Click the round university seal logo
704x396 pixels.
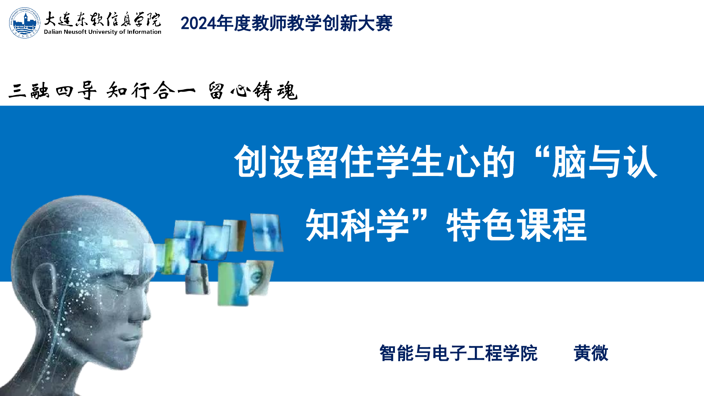(25, 22)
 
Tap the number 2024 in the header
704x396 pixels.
(198, 23)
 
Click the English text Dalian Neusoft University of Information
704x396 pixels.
(103, 32)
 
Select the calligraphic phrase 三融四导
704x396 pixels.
(52, 91)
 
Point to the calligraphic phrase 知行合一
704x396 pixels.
(151, 90)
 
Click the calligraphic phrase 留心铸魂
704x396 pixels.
(253, 91)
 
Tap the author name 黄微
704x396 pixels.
(591, 353)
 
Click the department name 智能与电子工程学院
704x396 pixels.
(458, 353)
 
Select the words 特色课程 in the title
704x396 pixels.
(517, 225)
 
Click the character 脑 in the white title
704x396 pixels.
(569, 162)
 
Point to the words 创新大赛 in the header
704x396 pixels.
(357, 23)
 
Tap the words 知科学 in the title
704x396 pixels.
(357, 225)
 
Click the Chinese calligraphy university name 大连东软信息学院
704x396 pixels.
(102, 19)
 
